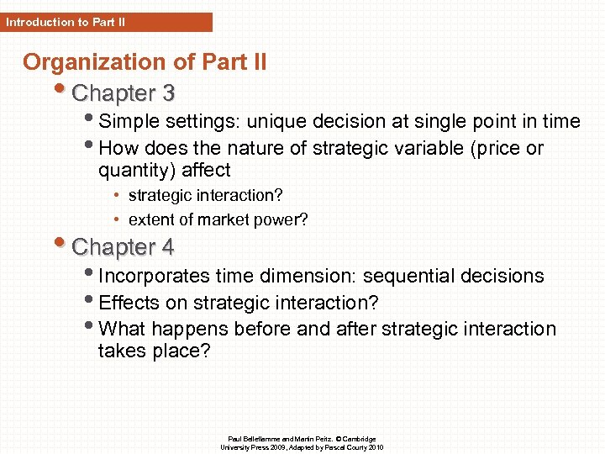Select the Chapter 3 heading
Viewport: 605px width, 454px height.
tap(124, 92)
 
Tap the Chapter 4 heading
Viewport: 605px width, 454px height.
tap(124, 247)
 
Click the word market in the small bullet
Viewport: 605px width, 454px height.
tap(216, 220)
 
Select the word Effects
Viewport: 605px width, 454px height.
tap(126, 303)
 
